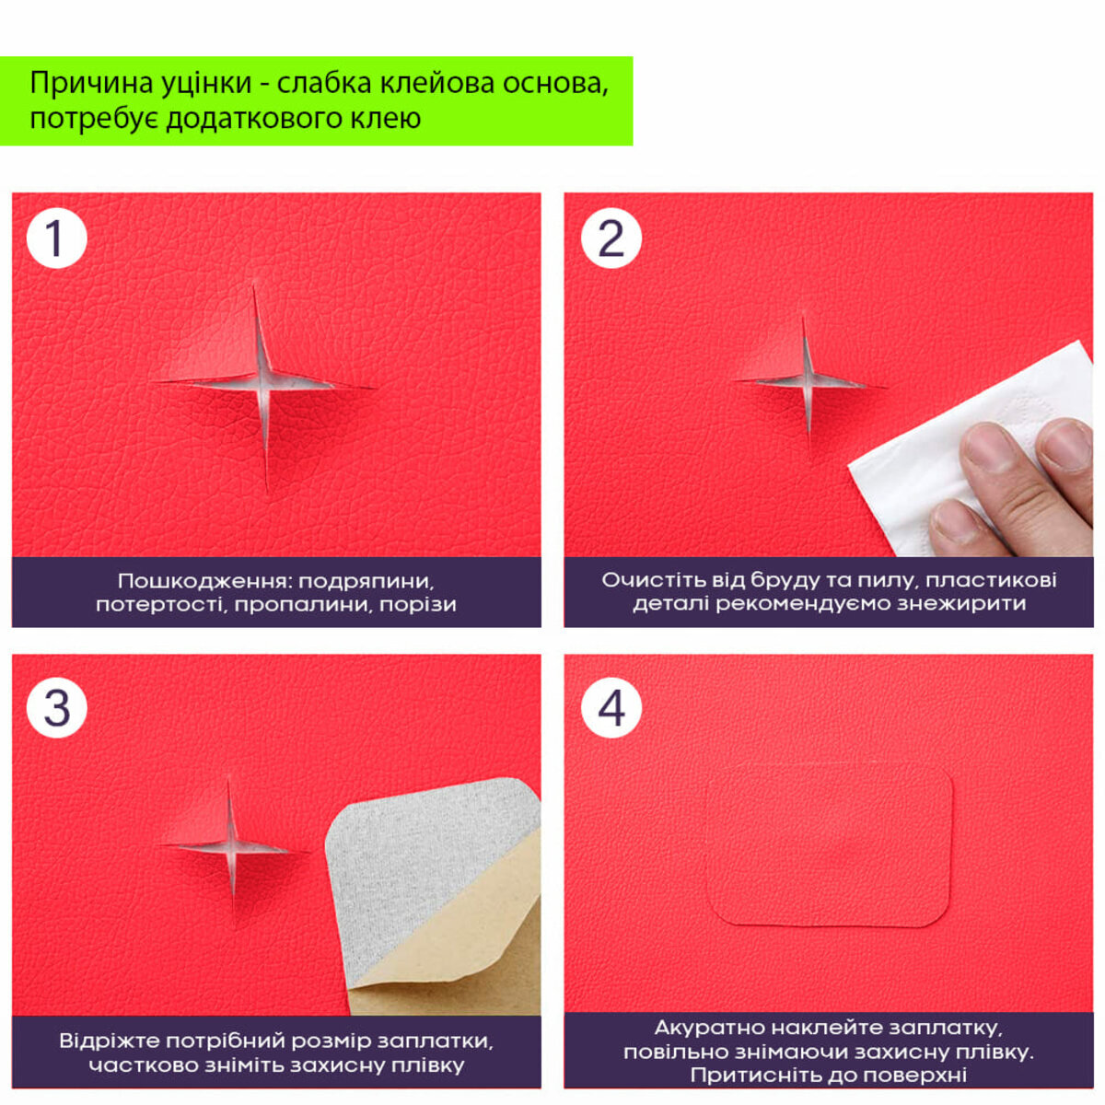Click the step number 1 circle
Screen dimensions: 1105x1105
[x=57, y=238]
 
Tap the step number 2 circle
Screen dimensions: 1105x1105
[x=611, y=238]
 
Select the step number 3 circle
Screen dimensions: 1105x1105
[x=57, y=707]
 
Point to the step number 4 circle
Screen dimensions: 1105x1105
[x=611, y=707]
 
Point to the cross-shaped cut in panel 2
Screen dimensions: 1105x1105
[x=807, y=381]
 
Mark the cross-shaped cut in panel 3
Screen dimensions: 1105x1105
[x=230, y=847]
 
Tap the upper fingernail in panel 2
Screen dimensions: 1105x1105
[x=1065, y=445]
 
